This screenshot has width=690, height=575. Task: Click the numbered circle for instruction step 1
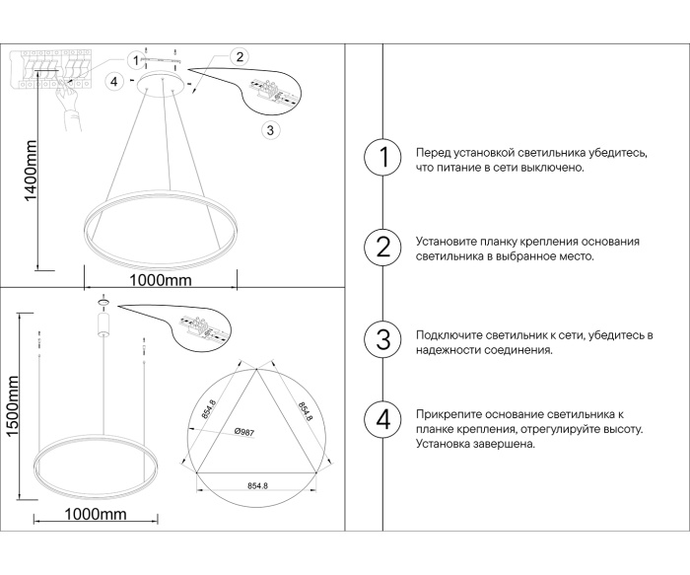[382, 157]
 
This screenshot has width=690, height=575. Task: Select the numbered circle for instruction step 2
[382, 247]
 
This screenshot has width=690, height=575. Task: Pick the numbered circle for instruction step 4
[382, 418]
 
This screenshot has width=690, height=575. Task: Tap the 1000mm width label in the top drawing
[160, 280]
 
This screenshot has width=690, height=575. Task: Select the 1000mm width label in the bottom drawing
[95, 514]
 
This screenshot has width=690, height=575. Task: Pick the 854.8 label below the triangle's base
[259, 485]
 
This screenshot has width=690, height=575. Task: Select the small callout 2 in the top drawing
[239, 56]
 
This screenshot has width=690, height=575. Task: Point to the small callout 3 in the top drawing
[272, 129]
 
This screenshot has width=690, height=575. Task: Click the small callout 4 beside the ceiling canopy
[115, 81]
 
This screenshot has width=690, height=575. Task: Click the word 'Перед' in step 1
[433, 154]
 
